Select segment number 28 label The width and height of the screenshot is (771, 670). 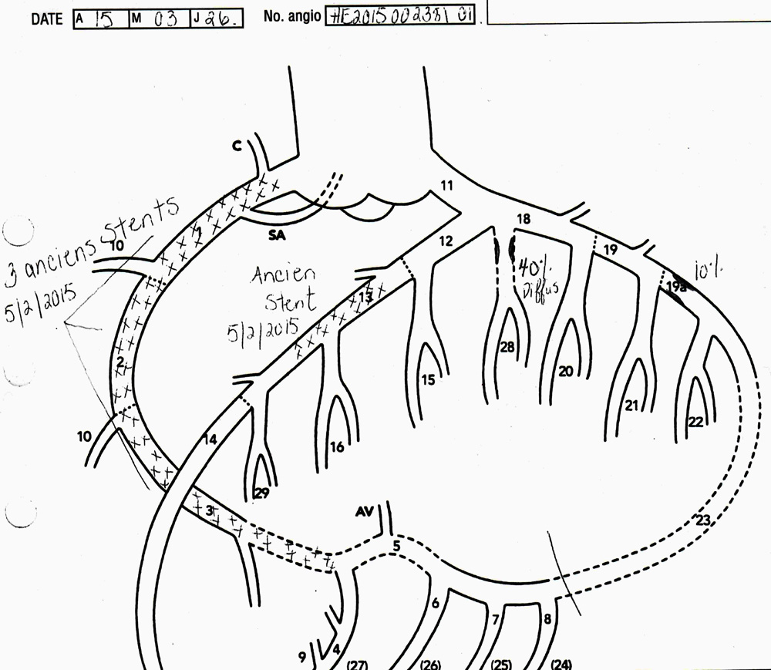[507, 348]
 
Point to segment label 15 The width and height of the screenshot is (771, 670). [428, 379]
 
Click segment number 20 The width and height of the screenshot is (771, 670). [566, 371]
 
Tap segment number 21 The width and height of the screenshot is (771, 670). [632, 405]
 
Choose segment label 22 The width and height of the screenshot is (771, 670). [695, 422]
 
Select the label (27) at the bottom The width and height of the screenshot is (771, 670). [359, 664]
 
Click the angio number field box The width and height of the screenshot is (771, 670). [399, 15]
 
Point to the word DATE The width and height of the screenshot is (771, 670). [47, 18]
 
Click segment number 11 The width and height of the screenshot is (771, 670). [448, 185]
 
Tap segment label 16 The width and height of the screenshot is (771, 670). [337, 447]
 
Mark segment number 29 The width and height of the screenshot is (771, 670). [261, 494]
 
